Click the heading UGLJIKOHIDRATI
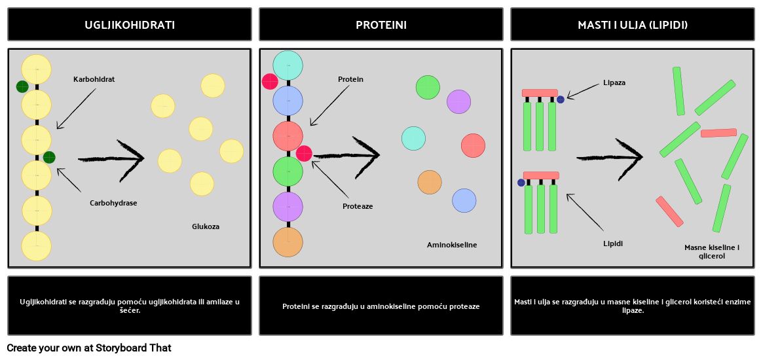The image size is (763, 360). click(x=130, y=25)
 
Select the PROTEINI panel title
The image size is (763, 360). click(x=381, y=25)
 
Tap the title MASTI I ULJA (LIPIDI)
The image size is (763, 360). click(x=633, y=25)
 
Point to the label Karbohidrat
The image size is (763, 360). click(x=94, y=79)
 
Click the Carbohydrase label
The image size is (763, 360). click(x=113, y=203)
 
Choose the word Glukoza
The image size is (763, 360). click(x=206, y=226)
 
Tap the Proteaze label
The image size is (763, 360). click(x=358, y=206)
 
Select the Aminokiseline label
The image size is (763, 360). click(x=452, y=245)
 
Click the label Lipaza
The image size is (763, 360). click(x=614, y=83)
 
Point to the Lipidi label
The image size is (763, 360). click(x=613, y=243)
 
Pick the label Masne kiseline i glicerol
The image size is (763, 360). click(x=712, y=252)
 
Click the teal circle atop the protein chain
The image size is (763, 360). click(x=288, y=65)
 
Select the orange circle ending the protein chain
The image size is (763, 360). click(x=288, y=242)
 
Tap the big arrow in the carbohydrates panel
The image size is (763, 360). click(x=111, y=158)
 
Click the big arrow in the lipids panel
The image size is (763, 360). click(x=610, y=157)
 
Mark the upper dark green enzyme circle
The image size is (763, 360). click(x=22, y=86)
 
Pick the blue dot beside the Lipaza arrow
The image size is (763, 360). click(x=561, y=99)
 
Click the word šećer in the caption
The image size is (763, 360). click(x=130, y=311)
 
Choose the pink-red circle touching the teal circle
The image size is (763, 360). click(x=270, y=81)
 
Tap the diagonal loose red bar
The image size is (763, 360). click(x=669, y=211)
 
